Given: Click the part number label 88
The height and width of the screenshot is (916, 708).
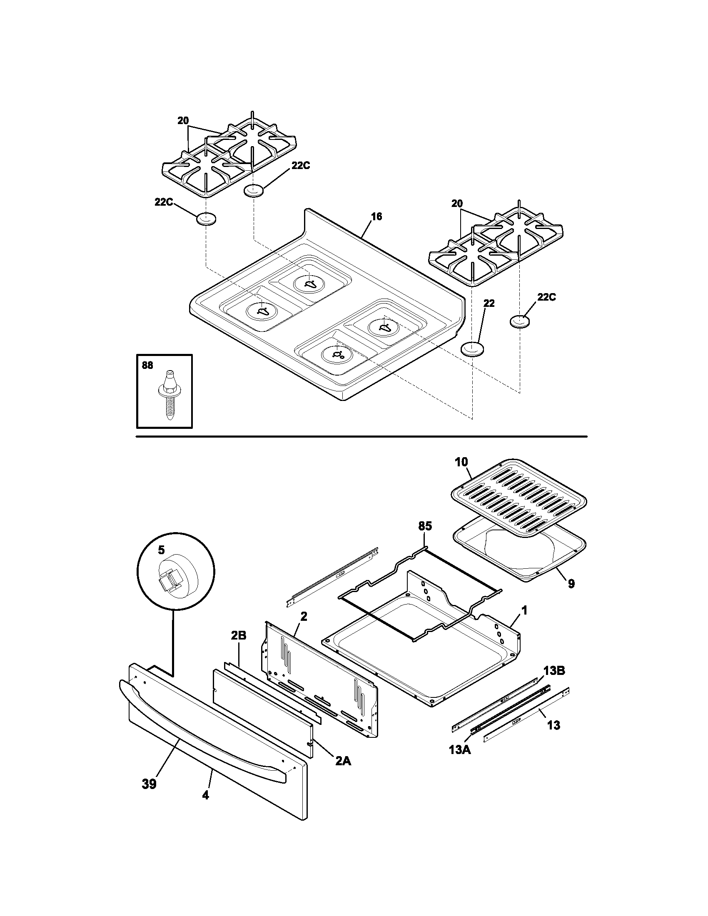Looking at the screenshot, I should [x=148, y=365].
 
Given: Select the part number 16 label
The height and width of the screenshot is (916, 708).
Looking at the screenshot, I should [x=376, y=217].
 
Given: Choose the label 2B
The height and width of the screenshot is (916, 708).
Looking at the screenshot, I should [x=238, y=647].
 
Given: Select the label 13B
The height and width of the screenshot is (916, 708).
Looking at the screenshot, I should [x=554, y=671].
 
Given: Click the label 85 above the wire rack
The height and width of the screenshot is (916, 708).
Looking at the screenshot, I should [x=425, y=526].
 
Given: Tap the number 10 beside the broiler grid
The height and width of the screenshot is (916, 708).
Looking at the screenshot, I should [x=461, y=462].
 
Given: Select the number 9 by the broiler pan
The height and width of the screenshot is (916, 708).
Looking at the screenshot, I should [x=571, y=583].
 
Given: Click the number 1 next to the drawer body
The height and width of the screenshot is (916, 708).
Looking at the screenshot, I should [x=524, y=611].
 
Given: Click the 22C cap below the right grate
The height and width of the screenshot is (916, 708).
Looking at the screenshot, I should [x=520, y=322].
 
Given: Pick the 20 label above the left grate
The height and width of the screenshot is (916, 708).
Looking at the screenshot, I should [x=183, y=121].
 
